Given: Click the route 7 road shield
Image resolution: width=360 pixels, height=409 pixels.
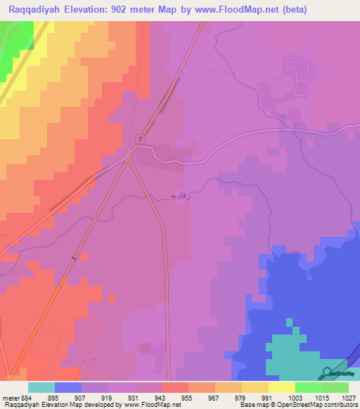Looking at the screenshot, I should coord(141,140).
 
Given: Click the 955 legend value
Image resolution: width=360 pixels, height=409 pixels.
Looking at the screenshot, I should coord(187,398).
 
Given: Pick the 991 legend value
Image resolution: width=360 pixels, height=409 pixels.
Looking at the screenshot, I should coord(267,398).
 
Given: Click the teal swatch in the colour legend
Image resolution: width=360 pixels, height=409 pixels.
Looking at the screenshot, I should coord(41,387).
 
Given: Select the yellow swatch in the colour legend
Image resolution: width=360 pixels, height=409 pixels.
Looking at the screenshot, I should coord(281,387).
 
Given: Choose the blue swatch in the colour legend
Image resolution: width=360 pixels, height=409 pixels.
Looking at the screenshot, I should coord(67,387).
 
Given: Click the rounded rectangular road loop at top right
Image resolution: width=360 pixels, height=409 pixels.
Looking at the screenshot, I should coord(295,76).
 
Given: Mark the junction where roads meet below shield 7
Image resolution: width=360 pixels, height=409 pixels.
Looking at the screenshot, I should coord(129,157).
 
